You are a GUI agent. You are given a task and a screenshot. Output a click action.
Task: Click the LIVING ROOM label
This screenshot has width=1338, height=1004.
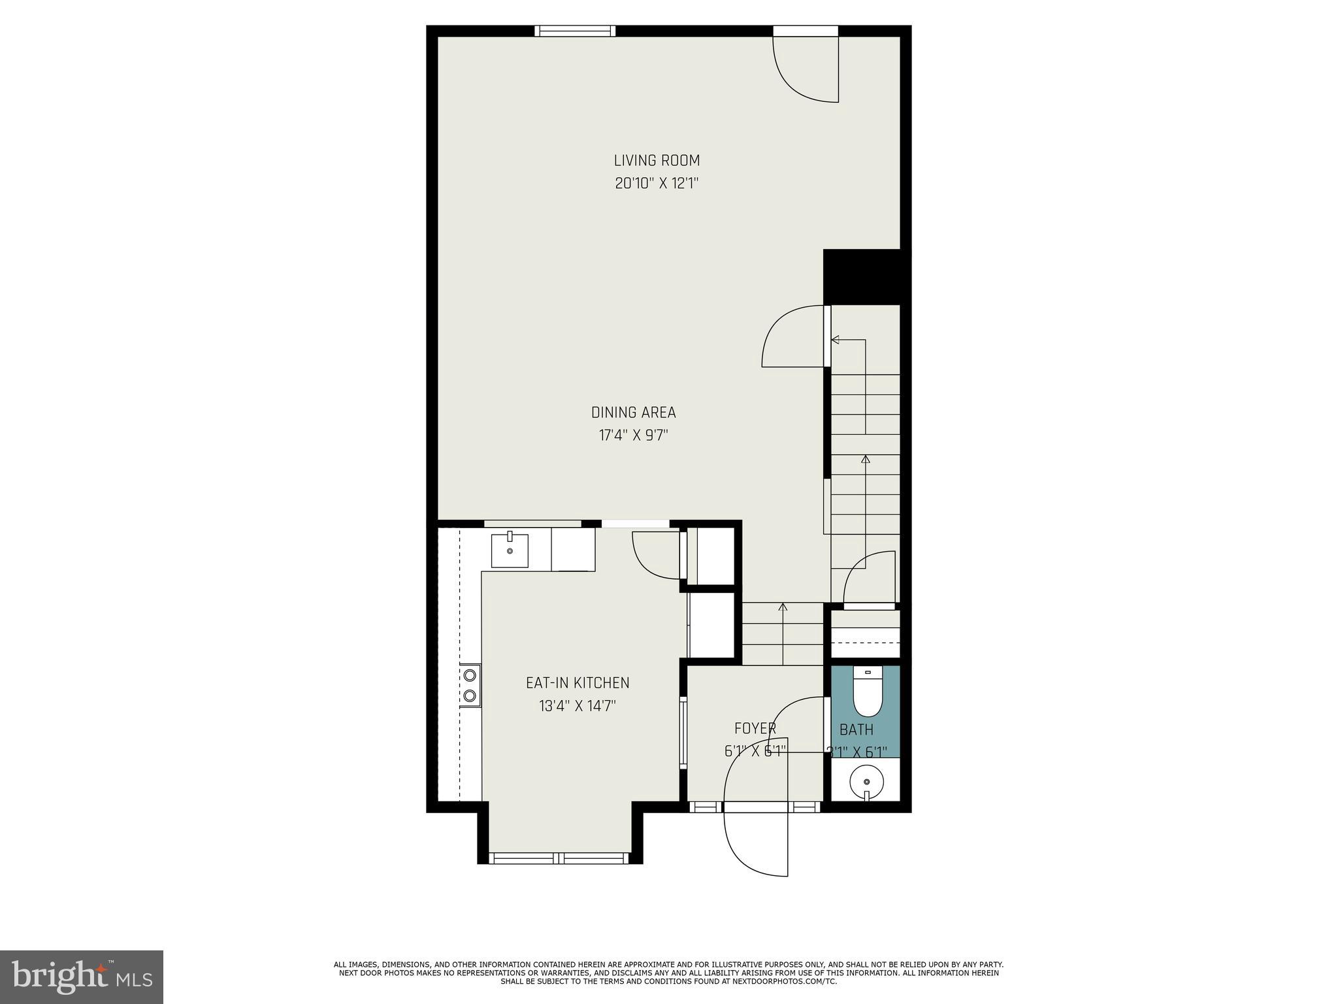(657, 160)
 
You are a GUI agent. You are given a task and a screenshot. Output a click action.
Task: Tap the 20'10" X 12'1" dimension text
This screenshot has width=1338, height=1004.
(657, 183)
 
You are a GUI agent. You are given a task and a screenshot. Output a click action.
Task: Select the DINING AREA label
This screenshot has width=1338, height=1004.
(633, 412)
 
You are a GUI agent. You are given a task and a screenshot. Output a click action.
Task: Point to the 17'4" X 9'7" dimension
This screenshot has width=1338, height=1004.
(633, 435)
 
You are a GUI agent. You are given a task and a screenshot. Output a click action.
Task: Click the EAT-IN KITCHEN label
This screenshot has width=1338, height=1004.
(578, 683)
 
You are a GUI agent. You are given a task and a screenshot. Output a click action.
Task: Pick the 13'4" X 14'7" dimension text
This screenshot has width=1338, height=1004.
(578, 706)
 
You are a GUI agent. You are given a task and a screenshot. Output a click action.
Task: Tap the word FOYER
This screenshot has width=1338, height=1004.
(755, 728)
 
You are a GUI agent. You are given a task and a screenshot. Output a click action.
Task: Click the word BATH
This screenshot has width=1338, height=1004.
(856, 729)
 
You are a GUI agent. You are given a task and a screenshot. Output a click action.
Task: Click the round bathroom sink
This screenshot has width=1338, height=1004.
(866, 782)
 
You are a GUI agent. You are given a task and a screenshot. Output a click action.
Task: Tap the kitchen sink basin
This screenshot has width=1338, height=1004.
(510, 550)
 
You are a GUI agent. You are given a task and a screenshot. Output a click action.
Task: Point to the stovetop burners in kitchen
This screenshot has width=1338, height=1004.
(470, 685)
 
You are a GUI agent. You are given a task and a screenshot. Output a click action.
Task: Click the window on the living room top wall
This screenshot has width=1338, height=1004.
(575, 31)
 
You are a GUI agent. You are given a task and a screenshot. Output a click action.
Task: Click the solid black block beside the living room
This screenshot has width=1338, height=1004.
(866, 276)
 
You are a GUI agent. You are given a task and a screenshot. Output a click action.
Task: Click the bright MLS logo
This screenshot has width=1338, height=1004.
(82, 977)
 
